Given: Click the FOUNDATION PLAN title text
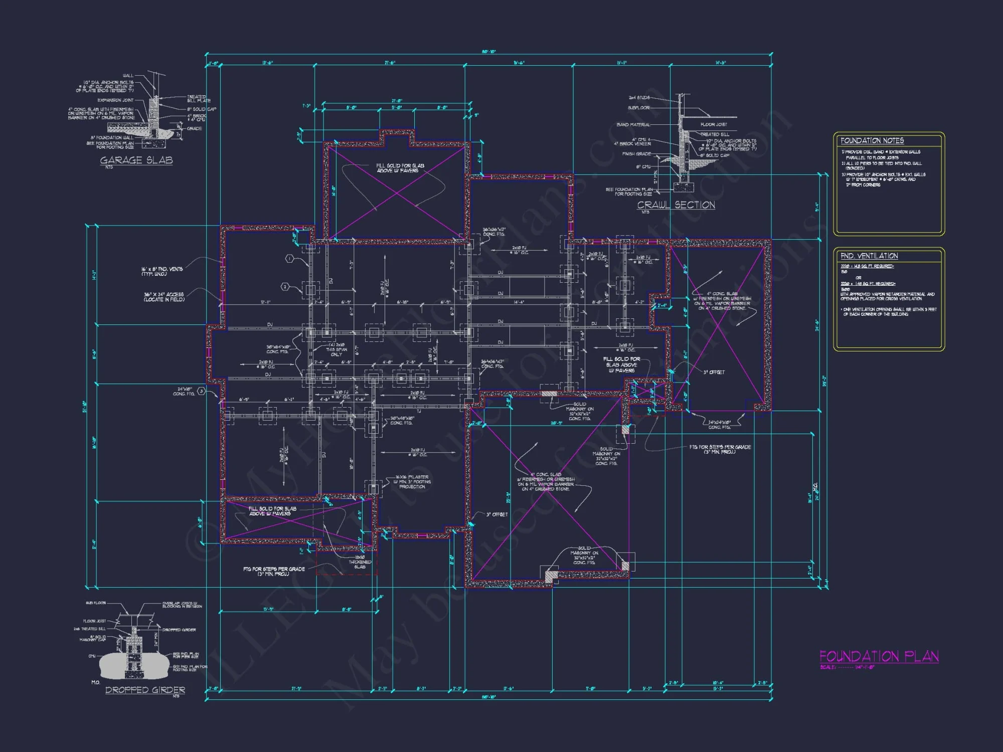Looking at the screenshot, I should pyautogui.click(x=879, y=656).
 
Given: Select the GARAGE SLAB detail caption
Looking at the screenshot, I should pyautogui.click(x=136, y=160).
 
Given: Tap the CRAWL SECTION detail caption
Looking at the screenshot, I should pyautogui.click(x=676, y=205).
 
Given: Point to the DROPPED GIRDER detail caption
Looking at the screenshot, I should pyautogui.click(x=145, y=690).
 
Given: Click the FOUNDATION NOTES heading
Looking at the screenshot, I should pyautogui.click(x=872, y=141).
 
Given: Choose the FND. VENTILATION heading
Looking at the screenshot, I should pyautogui.click(x=869, y=256).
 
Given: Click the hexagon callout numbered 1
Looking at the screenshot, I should pyautogui.click(x=289, y=259).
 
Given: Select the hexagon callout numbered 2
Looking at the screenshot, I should pyautogui.click(x=285, y=287).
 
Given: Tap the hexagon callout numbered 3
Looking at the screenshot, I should pyautogui.click(x=201, y=391).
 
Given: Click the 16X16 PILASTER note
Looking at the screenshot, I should pyautogui.click(x=412, y=482).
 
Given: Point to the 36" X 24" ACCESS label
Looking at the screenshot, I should pyautogui.click(x=164, y=297).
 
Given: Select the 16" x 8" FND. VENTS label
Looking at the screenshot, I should pyautogui.click(x=161, y=271).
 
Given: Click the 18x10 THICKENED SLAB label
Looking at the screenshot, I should pyautogui.click(x=360, y=562).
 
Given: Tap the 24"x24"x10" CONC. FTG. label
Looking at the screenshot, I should pyautogui.click(x=719, y=425).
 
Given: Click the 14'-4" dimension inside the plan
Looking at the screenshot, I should pyautogui.click(x=519, y=302).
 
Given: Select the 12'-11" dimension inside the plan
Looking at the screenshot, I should pyautogui.click(x=266, y=302).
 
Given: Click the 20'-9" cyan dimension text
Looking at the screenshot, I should pyautogui.click(x=556, y=423).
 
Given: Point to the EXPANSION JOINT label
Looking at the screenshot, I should pyautogui.click(x=115, y=100).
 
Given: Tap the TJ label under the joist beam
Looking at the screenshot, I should pyautogui.click(x=419, y=411).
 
